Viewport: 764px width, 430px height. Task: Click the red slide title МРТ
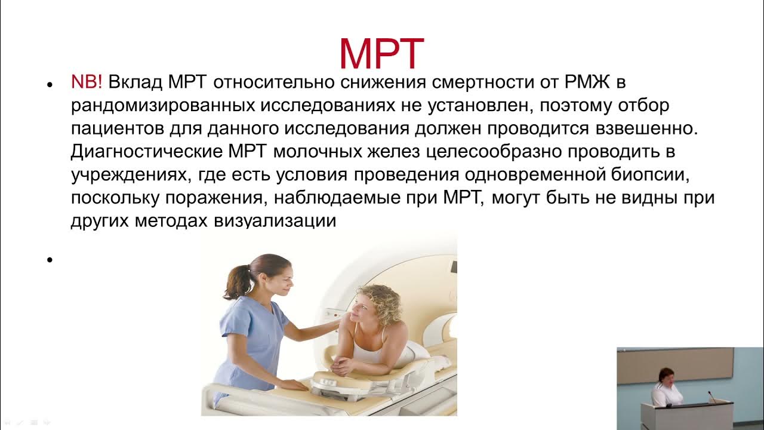pos(381,54)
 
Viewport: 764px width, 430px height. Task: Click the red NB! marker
pos(87,82)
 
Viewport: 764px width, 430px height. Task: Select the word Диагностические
pos(146,152)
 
